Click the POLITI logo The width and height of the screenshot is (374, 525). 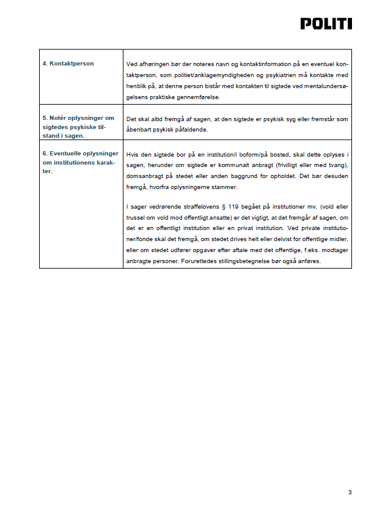coord(326,24)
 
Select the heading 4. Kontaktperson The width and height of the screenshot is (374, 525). coord(68,64)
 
